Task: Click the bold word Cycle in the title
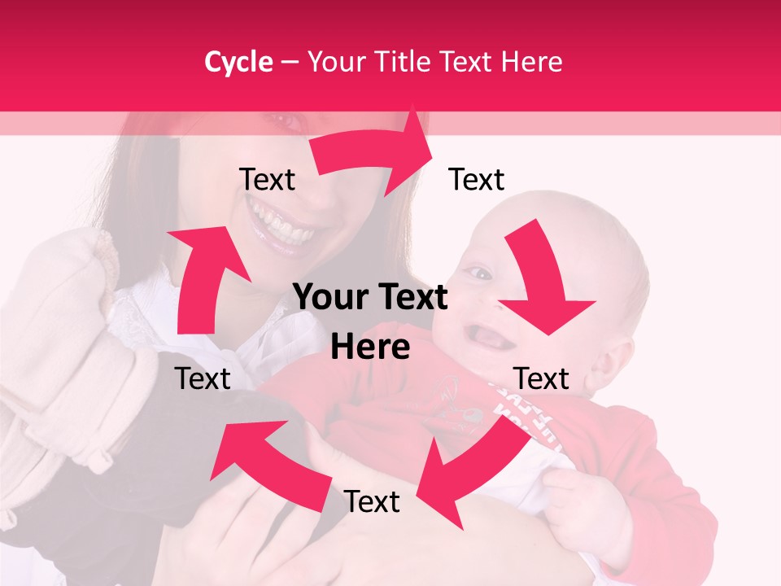[238, 62]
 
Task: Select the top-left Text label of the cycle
[267, 179]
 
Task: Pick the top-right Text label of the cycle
[477, 179]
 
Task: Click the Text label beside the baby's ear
[542, 378]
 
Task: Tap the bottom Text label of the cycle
[372, 501]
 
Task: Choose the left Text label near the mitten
[203, 378]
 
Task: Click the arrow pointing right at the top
[374, 151]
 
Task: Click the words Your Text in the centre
[370, 298]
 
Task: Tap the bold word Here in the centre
[370, 348]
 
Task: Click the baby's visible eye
[482, 273]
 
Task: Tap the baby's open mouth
[488, 334]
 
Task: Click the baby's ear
[618, 358]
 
